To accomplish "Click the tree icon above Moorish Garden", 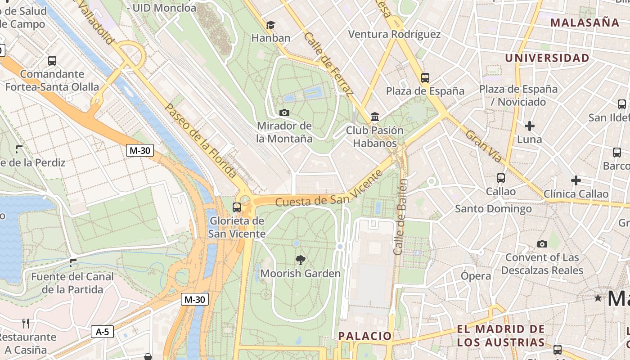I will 300,260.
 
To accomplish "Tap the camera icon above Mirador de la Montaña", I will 284,112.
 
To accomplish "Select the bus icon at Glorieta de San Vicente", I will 237,207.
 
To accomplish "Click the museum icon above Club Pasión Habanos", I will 375,117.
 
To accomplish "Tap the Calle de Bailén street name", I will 400,217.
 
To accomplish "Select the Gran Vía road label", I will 483,147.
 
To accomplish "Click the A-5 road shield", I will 103,332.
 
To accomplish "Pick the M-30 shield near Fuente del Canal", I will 195,299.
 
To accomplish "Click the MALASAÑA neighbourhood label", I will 585,22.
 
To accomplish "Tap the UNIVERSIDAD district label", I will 547,58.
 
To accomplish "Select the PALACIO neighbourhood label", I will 365,336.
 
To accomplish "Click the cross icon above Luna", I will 530,126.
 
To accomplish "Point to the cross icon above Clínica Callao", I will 576,181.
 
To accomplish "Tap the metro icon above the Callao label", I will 501,178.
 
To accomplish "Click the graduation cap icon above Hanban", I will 270,25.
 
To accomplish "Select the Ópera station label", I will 476,276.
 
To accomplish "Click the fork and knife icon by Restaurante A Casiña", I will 26,323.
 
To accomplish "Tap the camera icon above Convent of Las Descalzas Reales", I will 542,244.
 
